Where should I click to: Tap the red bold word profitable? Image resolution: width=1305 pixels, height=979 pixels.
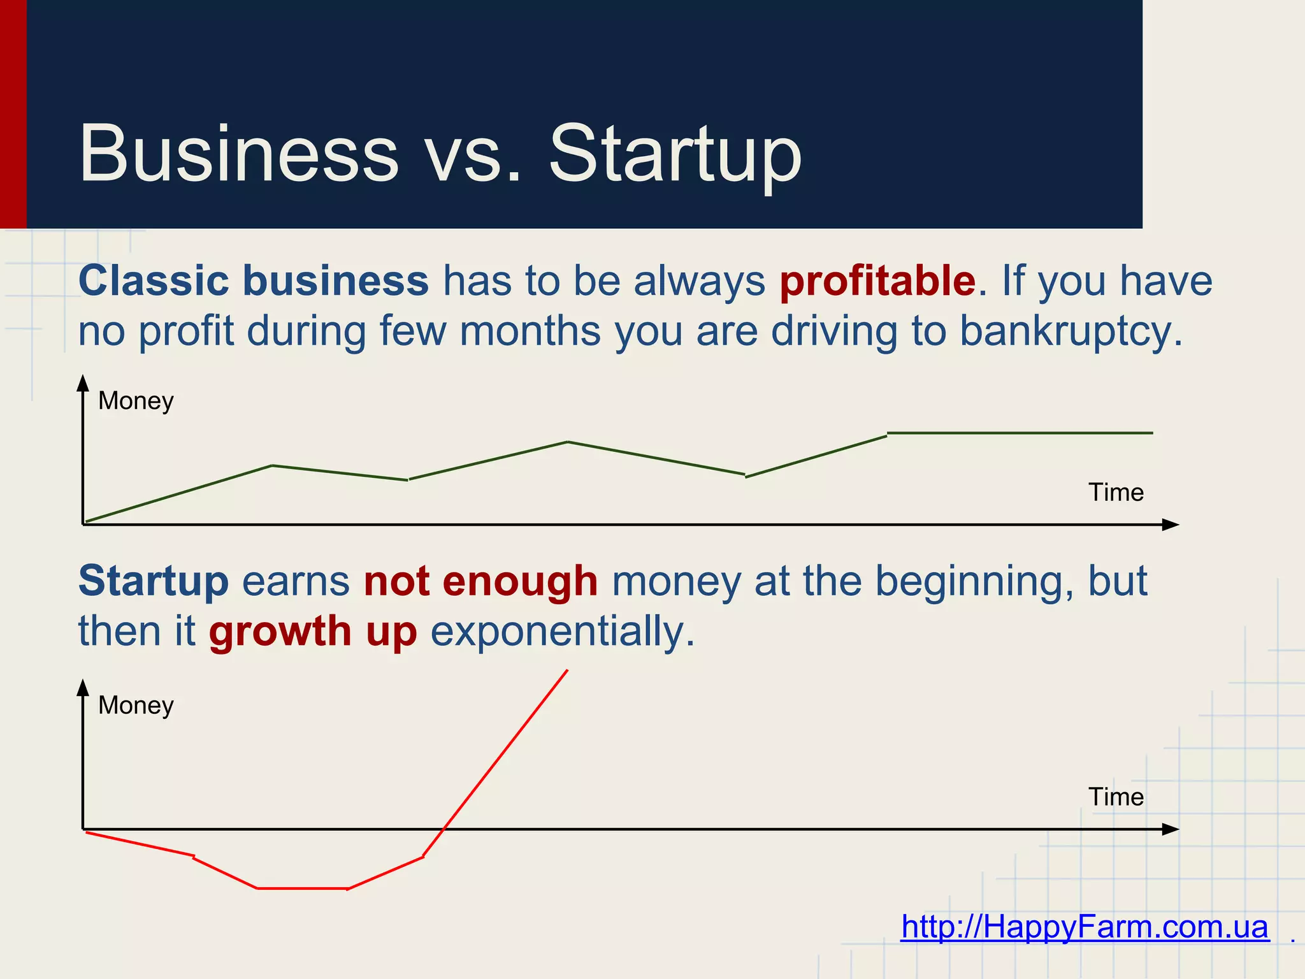tap(877, 281)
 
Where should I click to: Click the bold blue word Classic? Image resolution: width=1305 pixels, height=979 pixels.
tap(153, 280)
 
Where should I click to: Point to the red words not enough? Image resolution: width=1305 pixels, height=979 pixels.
tap(480, 581)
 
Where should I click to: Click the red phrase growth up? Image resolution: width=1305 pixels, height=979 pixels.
tap(313, 632)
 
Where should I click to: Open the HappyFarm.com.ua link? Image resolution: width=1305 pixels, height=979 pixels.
tap(1085, 927)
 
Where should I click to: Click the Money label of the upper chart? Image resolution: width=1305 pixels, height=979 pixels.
tap(136, 401)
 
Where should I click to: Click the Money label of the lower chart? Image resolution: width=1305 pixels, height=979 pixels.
tap(136, 706)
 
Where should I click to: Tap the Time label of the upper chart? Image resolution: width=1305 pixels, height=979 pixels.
tap(1116, 493)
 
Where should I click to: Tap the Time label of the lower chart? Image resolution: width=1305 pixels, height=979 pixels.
tap(1116, 797)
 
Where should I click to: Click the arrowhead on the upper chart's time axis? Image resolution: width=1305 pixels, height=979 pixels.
tap(1171, 525)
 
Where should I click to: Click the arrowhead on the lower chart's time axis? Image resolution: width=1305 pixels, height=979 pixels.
tap(1171, 829)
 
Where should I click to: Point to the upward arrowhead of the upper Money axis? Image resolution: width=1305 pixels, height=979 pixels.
tap(83, 383)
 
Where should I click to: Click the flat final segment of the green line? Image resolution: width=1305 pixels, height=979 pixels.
tap(1020, 433)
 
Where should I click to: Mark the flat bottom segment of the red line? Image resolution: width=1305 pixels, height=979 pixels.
tap(302, 888)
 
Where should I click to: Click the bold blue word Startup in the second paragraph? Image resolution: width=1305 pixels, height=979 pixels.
tap(153, 581)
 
